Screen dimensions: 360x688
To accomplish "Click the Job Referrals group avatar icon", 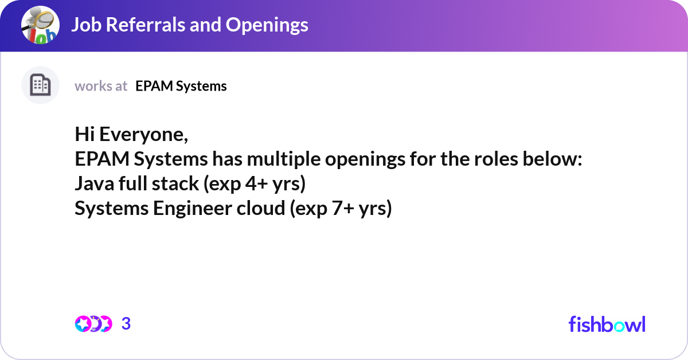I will click(x=40, y=26).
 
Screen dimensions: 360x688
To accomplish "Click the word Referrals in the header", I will click(x=148, y=25).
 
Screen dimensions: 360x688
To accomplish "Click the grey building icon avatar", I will click(x=40, y=85).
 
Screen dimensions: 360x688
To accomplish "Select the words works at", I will click(x=101, y=86).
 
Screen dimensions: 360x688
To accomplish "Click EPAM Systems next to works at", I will click(x=181, y=86).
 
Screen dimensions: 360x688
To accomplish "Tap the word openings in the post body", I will click(x=365, y=159).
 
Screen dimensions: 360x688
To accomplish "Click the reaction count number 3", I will click(x=126, y=324).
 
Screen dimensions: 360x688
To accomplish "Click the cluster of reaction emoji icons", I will click(x=93, y=324).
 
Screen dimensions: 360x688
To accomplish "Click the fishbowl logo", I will click(x=607, y=324).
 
